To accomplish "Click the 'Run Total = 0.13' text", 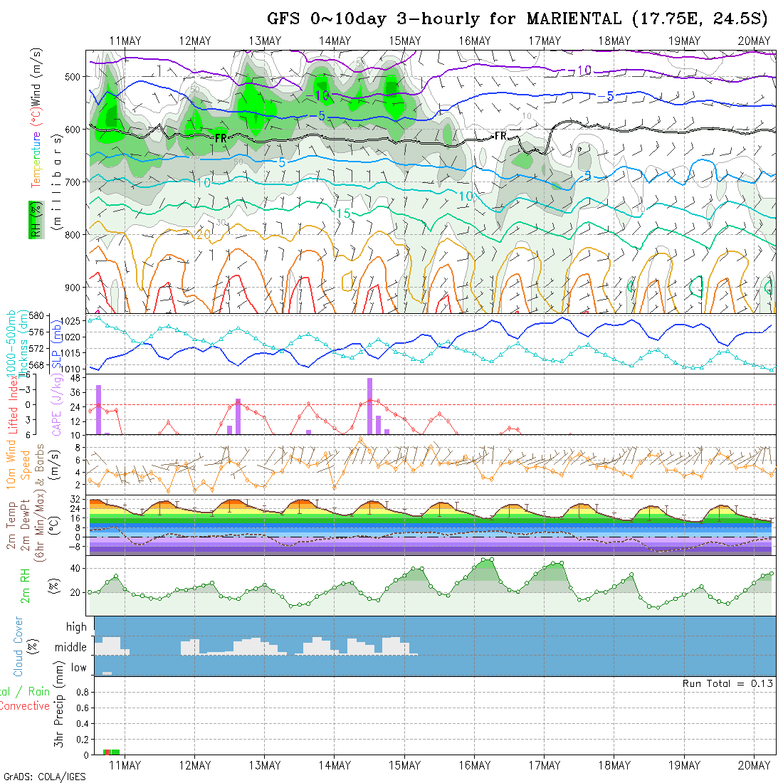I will coord(727,683).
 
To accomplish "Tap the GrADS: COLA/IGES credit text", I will coord(44,776).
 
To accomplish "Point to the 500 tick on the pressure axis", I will coord(75,76).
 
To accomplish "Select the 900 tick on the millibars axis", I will coord(75,287).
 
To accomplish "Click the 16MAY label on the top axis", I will coord(475,41).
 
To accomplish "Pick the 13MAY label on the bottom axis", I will coord(265,765).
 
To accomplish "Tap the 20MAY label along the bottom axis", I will coord(755,765).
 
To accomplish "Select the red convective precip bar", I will coord(107,752).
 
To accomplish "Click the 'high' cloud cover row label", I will coord(76,627).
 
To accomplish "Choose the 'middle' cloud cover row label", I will coord(71,648).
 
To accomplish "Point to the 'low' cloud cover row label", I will coord(78,668).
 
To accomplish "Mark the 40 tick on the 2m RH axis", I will coord(73,568).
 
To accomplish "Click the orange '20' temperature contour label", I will coord(203,234).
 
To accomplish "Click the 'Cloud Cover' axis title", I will coord(19,646).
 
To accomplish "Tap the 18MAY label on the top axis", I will coord(614,41).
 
